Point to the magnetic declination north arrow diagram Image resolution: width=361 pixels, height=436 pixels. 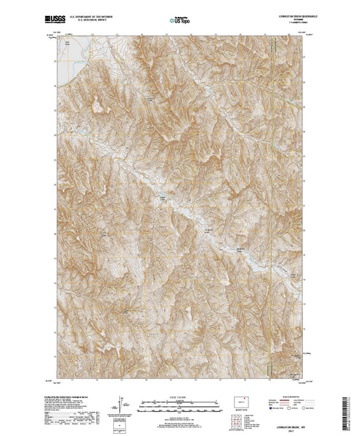121,404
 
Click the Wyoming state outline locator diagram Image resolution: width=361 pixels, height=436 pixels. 237,400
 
